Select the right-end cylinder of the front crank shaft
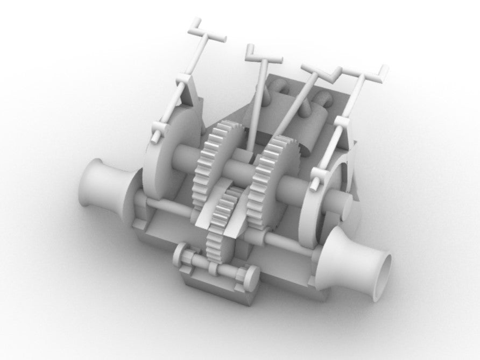[x=251, y=277]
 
